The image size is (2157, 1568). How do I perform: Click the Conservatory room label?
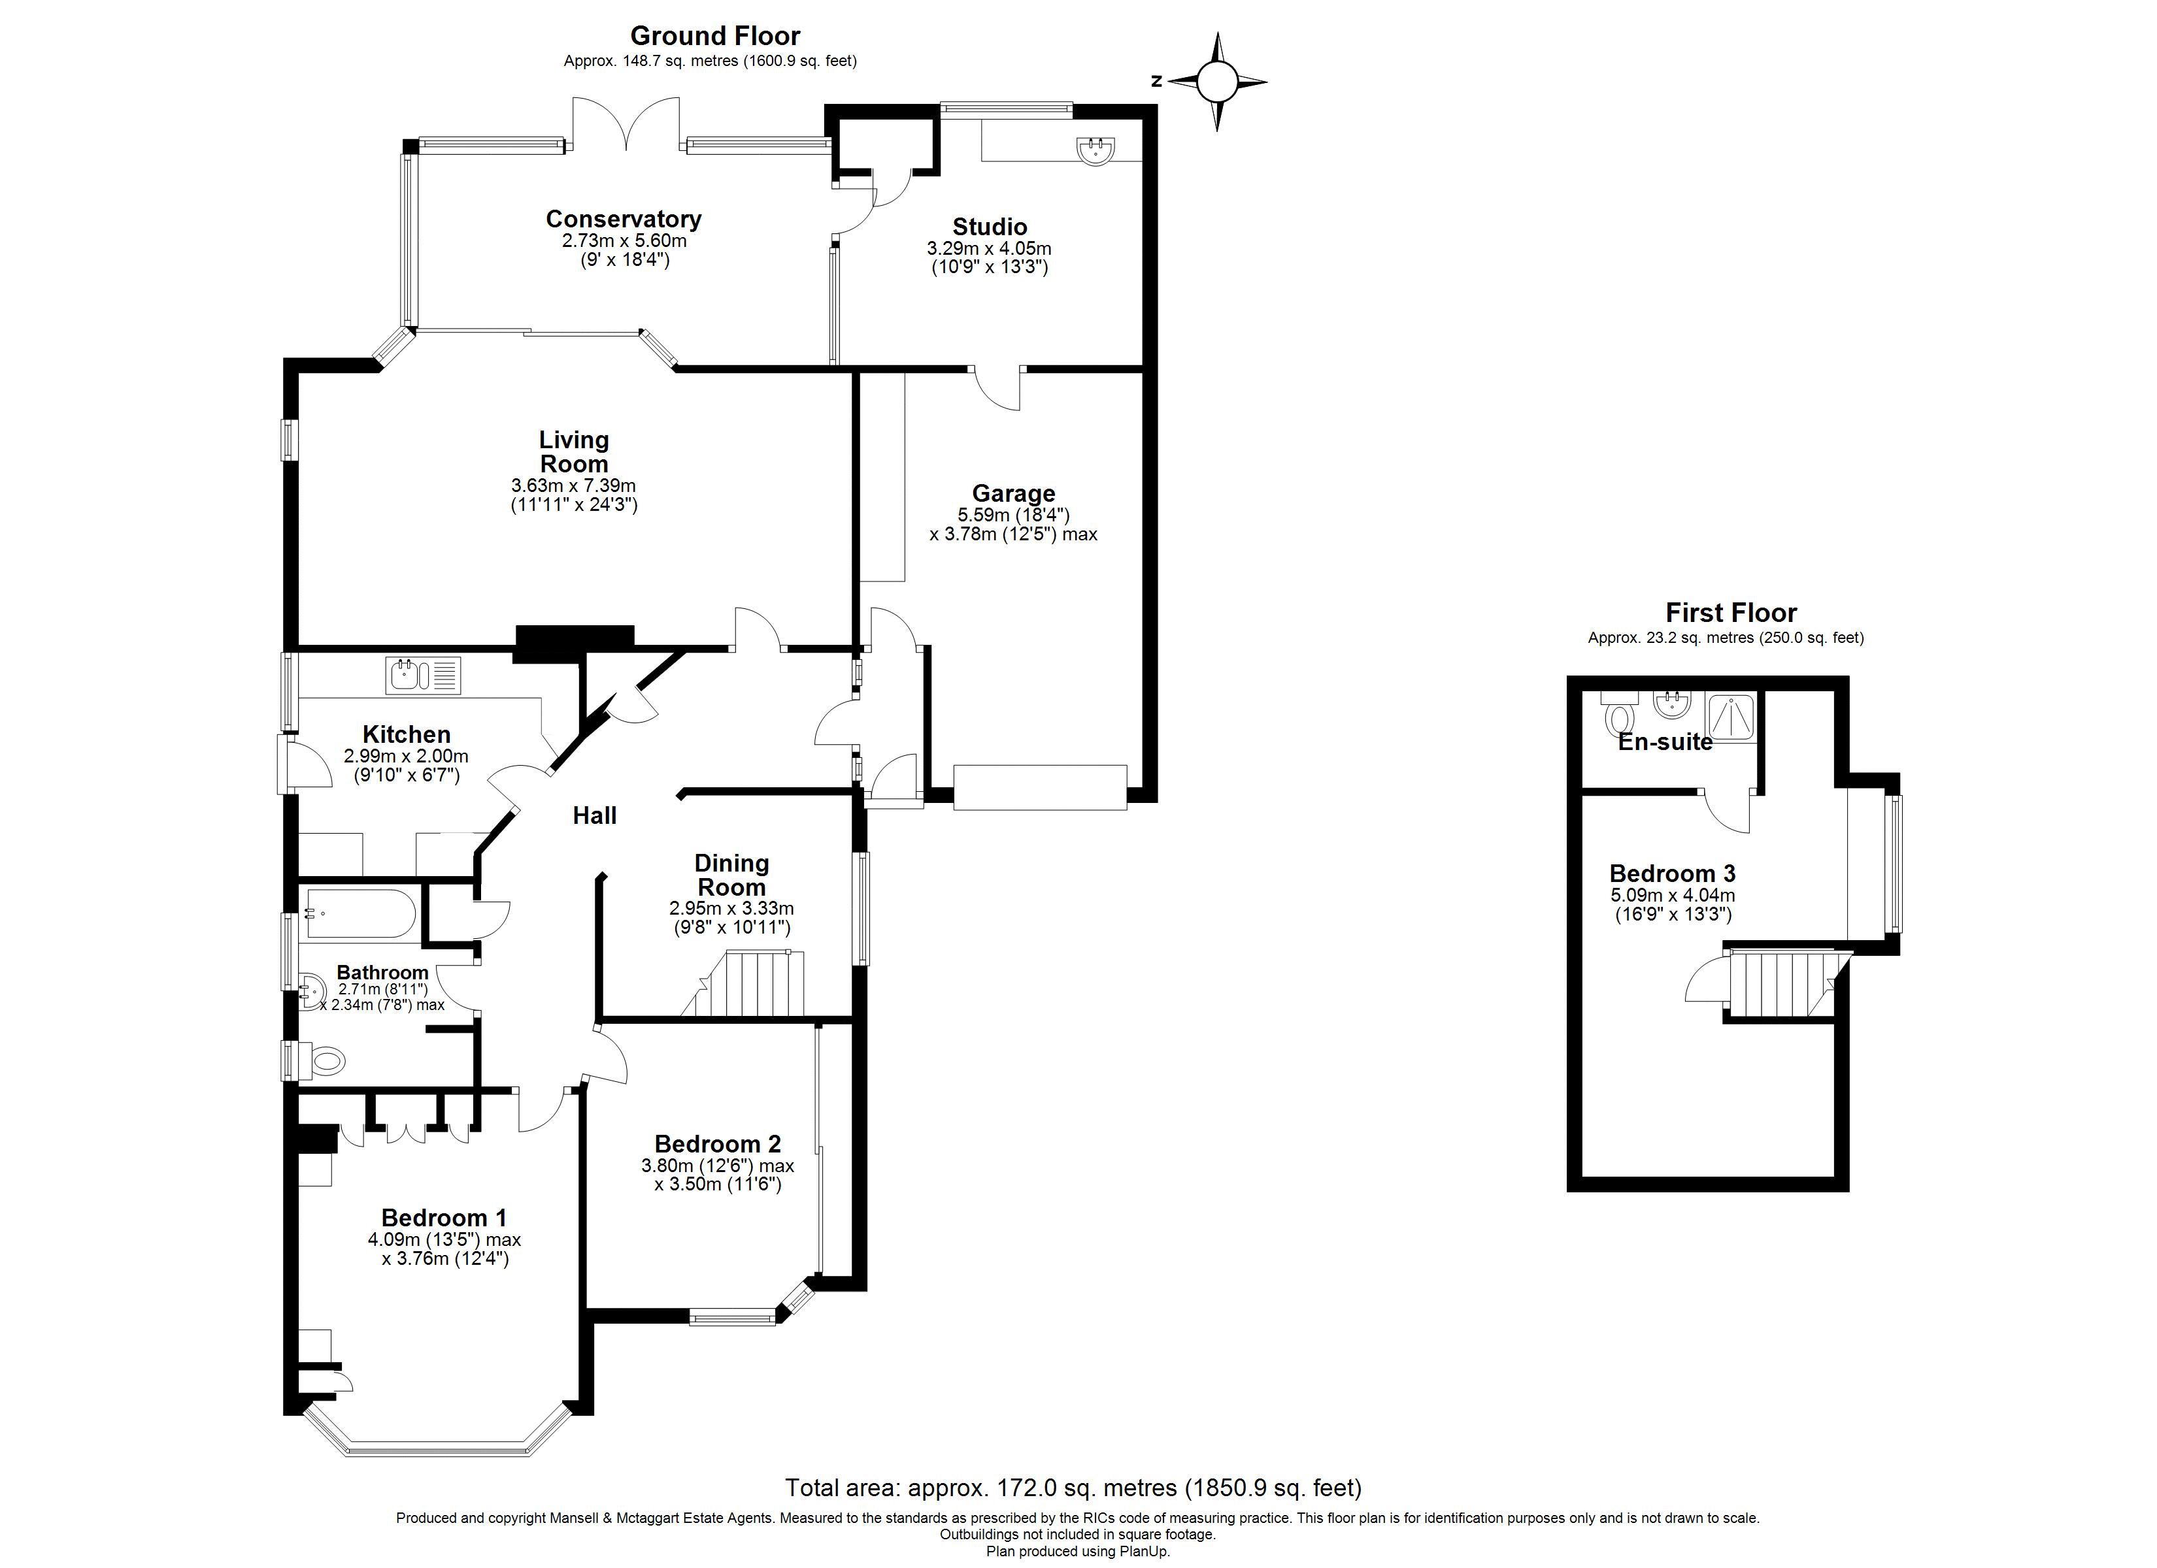(x=623, y=219)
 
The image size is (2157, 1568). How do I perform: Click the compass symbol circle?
(x=1216, y=82)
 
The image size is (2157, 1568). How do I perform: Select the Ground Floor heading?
(x=714, y=36)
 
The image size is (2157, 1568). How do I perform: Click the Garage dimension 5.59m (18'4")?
(x=1013, y=514)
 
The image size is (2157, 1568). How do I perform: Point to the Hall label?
(x=594, y=815)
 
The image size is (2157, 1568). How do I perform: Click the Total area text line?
(x=1073, y=1487)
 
